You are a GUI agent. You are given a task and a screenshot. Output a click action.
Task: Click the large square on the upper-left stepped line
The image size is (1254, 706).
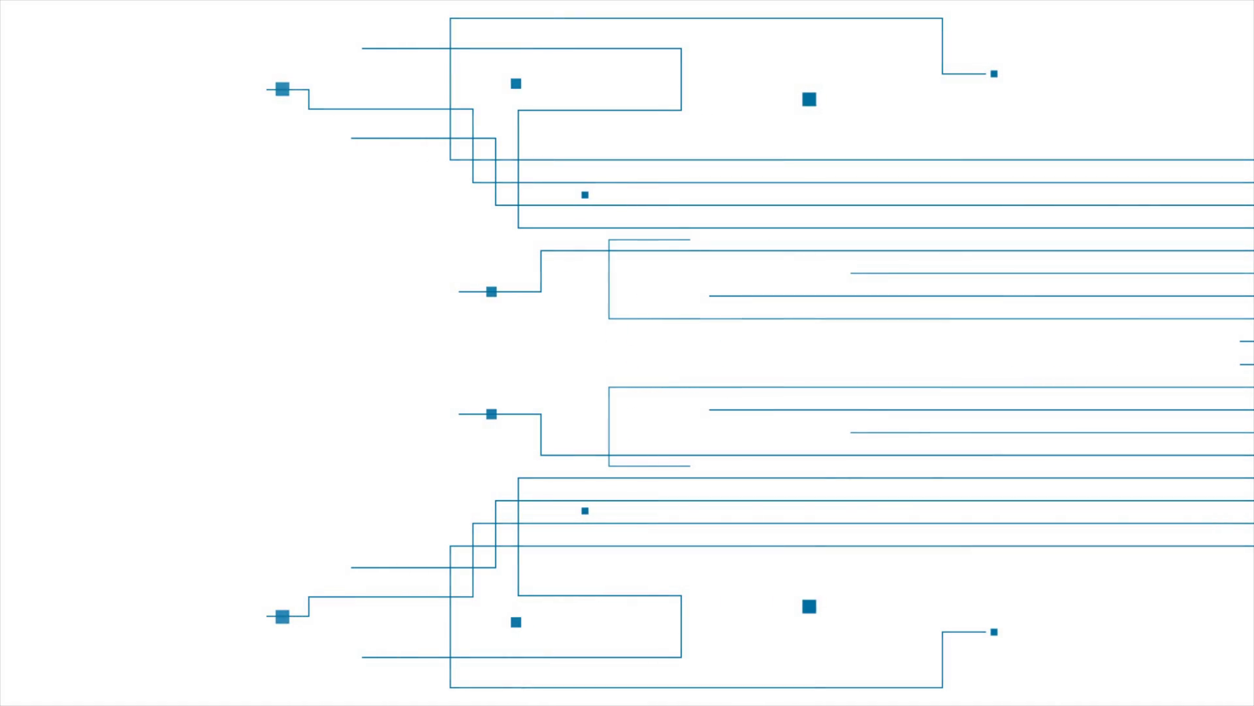[x=282, y=89]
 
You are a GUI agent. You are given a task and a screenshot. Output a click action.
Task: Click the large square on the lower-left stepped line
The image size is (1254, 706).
[x=282, y=616]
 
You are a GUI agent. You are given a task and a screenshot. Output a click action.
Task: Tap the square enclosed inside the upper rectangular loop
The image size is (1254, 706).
[x=516, y=84]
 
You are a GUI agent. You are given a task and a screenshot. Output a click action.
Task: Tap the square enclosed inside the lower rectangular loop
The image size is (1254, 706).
[x=516, y=622]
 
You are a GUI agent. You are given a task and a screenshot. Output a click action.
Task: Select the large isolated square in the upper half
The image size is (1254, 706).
[x=809, y=99]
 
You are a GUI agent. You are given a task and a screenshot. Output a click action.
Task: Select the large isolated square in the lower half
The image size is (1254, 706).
[x=809, y=607]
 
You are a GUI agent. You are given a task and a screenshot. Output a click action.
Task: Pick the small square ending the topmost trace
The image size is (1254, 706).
[x=994, y=74]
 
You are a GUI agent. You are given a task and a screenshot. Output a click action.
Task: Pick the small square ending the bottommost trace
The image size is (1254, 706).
[x=994, y=632]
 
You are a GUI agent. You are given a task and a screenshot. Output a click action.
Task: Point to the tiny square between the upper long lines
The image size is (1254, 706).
[x=585, y=195]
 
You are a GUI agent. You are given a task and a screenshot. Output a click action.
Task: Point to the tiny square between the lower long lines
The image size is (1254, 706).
[x=585, y=511]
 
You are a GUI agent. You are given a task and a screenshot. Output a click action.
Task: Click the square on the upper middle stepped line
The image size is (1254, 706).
[x=492, y=292]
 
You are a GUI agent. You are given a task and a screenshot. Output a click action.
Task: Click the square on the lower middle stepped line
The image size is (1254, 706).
[x=492, y=414]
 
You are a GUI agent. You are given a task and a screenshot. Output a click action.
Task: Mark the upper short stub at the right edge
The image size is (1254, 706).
[x=1247, y=341]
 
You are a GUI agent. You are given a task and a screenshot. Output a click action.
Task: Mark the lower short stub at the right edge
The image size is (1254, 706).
[x=1247, y=364]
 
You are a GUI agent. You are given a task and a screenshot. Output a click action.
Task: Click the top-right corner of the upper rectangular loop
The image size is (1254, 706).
[x=681, y=48]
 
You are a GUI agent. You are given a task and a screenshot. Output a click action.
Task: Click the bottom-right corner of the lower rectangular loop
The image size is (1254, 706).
[x=681, y=657]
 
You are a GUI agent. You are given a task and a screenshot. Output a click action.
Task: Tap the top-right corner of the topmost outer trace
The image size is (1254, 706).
[x=942, y=18]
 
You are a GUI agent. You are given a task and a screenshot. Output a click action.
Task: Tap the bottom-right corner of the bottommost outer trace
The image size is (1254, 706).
[x=942, y=687]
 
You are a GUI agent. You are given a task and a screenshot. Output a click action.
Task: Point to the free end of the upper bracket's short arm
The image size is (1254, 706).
[x=690, y=240]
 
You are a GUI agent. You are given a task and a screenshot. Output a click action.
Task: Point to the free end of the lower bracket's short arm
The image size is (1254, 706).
[x=690, y=466]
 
